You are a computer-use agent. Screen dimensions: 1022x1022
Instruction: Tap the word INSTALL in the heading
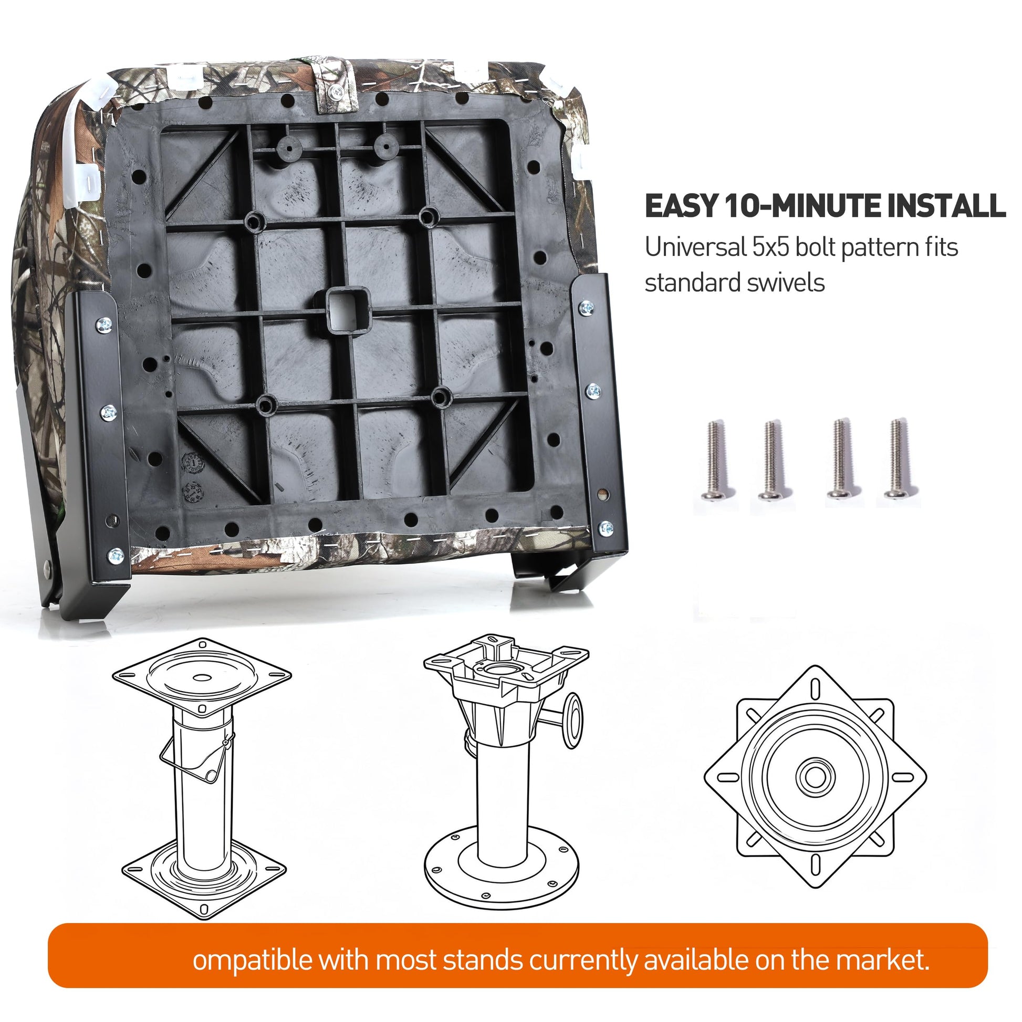[946, 206]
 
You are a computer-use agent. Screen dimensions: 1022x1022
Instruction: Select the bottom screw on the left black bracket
[116, 555]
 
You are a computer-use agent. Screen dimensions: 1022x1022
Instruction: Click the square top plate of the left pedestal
[202, 676]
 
